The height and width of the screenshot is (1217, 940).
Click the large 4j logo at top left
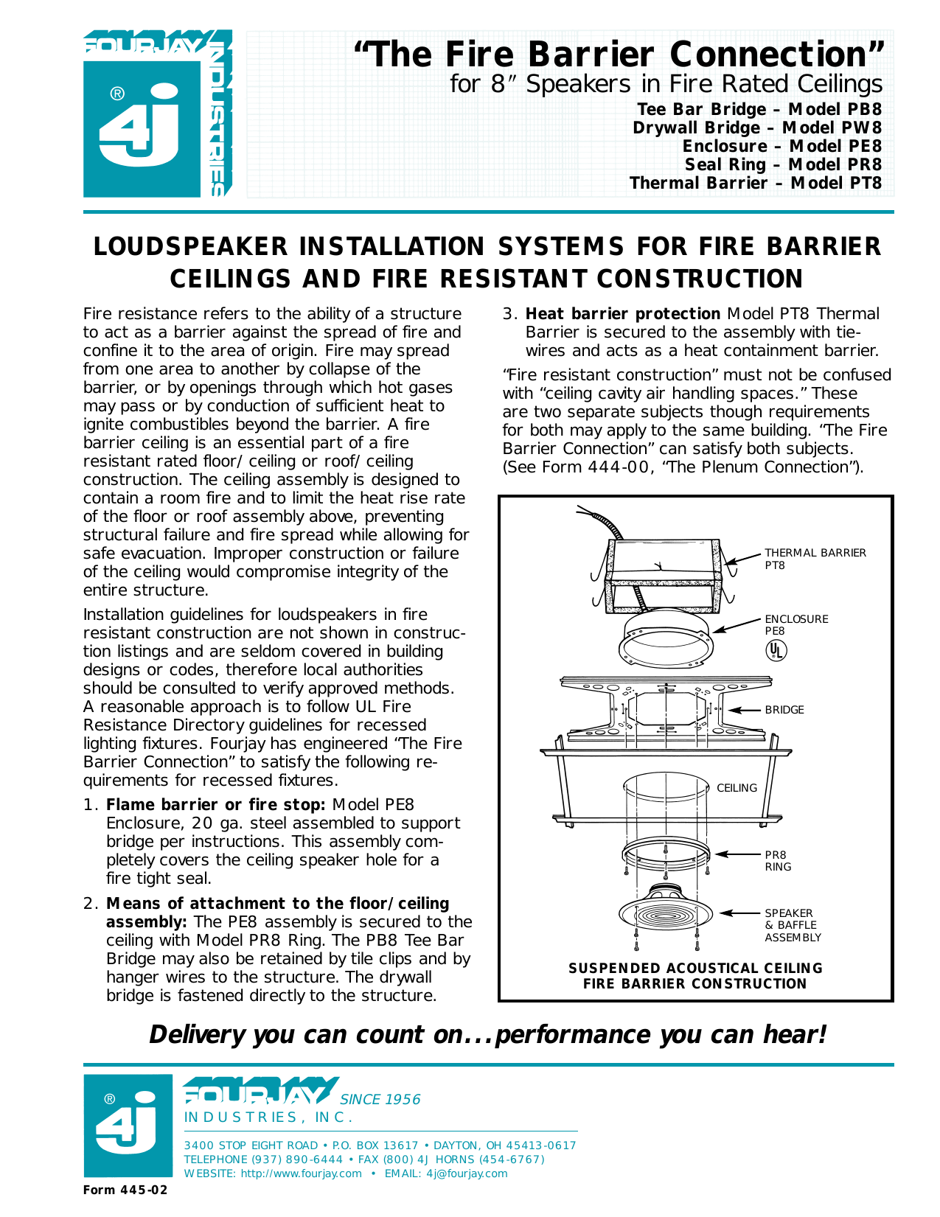tap(140, 125)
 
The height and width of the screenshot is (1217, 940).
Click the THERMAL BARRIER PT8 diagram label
tap(814, 559)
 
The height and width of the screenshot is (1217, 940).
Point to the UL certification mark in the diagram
tap(776, 650)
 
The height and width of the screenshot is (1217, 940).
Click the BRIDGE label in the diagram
tap(784, 710)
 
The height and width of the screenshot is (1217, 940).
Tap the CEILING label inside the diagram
tap(737, 788)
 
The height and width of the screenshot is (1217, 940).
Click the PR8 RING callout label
tap(777, 861)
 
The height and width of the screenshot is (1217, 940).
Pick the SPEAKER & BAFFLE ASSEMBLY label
tap(792, 925)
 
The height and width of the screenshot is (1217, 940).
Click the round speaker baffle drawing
tap(665, 915)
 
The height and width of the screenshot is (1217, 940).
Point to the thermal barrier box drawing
tap(662, 575)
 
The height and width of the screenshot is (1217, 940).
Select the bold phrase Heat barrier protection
tap(622, 314)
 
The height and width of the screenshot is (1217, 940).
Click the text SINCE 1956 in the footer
tap(380, 1100)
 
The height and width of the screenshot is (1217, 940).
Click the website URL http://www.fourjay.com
tap(301, 1174)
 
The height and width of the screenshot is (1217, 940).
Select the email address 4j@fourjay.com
tap(467, 1174)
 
